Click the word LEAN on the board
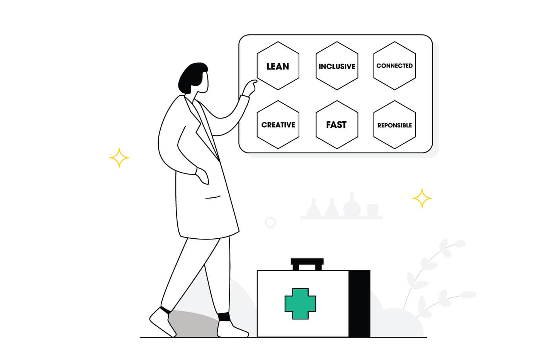[x=278, y=66]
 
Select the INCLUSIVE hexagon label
[x=337, y=66]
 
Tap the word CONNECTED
[x=394, y=66]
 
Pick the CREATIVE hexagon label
[x=278, y=125]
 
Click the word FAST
[x=336, y=125]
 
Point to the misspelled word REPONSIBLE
[x=394, y=126]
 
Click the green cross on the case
[x=300, y=304]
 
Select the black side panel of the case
[x=359, y=304]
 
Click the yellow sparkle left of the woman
[x=119, y=158]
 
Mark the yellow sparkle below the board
[x=422, y=198]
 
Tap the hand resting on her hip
[x=202, y=176]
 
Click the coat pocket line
[x=212, y=197]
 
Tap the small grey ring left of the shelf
[x=270, y=222]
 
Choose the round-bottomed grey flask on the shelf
[x=352, y=205]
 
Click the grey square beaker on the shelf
[x=372, y=210]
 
